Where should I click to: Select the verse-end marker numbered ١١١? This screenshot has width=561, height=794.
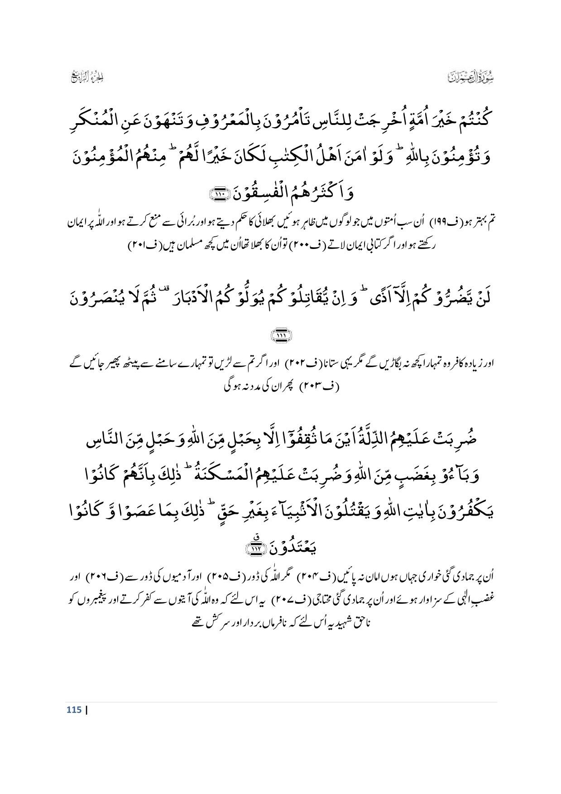click(x=281, y=335)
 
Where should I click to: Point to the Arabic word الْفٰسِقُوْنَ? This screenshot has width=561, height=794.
click(x=272, y=194)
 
